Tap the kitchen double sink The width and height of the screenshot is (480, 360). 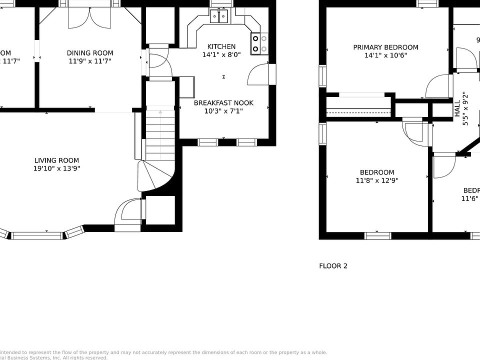point(219,16)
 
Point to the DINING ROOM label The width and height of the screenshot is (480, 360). point(90,53)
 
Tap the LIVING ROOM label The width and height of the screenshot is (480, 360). point(57,160)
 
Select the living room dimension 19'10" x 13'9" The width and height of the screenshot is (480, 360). point(57,169)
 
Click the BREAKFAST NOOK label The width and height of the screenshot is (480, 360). point(223,103)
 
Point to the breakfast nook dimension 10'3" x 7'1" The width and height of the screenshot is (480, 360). point(223,111)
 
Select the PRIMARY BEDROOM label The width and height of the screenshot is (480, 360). point(385,47)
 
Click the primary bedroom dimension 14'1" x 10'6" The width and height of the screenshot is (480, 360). point(385,56)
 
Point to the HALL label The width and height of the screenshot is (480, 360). point(457,108)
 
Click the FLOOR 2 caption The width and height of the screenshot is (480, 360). point(333,266)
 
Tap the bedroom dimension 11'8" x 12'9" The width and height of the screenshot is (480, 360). point(377,181)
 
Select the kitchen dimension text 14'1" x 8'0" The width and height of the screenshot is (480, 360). point(221,55)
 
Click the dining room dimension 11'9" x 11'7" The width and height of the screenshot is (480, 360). point(90,61)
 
